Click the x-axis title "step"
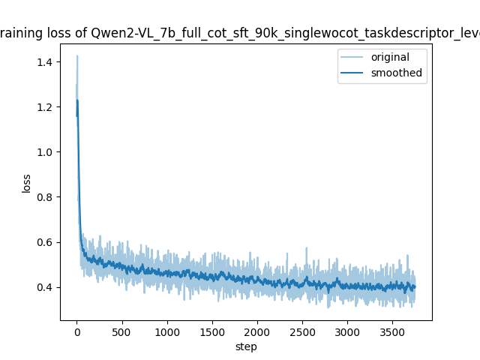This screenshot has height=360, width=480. tap(246, 346)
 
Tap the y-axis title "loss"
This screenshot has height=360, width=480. tap(26, 182)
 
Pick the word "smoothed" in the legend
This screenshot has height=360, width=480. tap(397, 73)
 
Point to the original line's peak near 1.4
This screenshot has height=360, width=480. tap(76, 55)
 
